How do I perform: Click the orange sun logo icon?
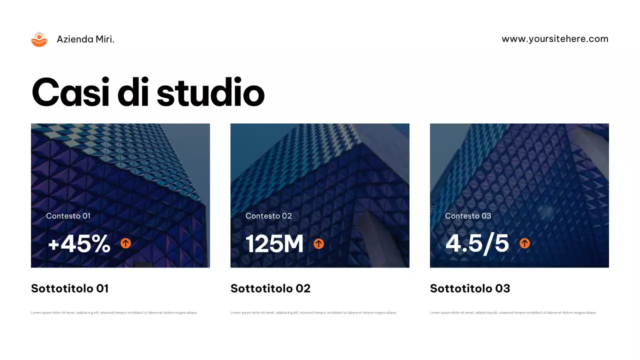click(39, 39)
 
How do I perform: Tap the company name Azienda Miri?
click(85, 39)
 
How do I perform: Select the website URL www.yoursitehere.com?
click(555, 39)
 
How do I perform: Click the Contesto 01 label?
click(68, 216)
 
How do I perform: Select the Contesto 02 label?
click(268, 216)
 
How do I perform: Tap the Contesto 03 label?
click(468, 216)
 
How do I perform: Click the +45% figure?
click(79, 244)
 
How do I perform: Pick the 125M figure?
click(274, 244)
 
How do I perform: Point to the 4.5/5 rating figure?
click(477, 244)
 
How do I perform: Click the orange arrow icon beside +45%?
click(125, 243)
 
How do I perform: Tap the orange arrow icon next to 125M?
click(318, 243)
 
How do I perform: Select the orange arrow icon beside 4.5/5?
click(524, 243)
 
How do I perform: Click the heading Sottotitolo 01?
click(69, 288)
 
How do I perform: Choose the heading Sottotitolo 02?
click(270, 288)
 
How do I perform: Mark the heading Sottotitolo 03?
click(470, 288)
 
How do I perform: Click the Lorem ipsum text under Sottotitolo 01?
click(114, 312)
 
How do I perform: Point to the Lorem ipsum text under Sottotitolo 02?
click(313, 312)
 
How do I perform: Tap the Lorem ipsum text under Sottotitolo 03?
click(513, 312)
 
